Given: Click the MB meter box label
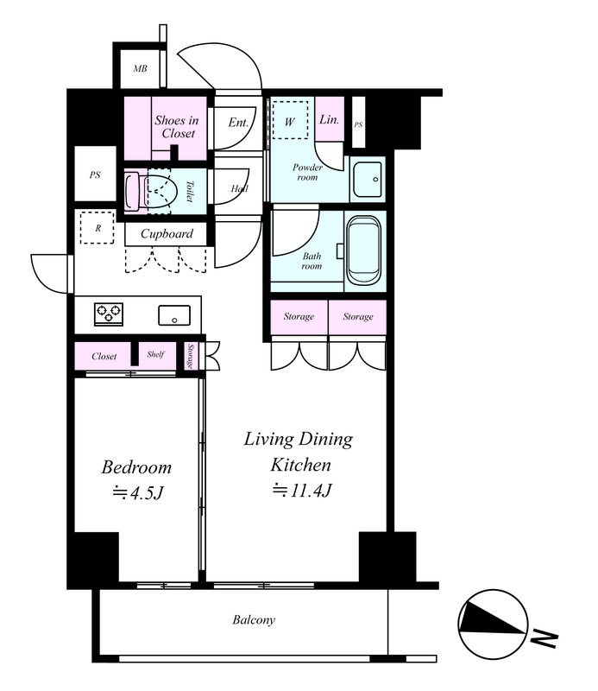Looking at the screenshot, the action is [140, 69].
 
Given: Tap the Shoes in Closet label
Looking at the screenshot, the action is [177, 127].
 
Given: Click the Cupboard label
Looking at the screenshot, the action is [167, 233].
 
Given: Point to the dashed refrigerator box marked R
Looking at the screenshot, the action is [97, 227].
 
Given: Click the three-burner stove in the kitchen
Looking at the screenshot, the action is [109, 314].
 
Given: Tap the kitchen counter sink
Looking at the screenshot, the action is [174, 315].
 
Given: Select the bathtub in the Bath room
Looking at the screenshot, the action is [364, 250].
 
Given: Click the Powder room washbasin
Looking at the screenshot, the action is [368, 180].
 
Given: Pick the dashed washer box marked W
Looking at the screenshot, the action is [290, 119].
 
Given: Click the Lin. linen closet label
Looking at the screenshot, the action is [329, 119].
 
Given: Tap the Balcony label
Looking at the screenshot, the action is [254, 620].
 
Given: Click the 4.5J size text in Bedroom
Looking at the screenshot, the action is [138, 492].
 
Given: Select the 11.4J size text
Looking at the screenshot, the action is [302, 490].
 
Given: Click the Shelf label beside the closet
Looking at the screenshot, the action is [156, 354].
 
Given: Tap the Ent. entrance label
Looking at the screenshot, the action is [238, 123].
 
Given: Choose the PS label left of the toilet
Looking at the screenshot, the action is [95, 175].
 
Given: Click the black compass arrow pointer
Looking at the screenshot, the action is [492, 618].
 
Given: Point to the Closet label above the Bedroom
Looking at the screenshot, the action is [104, 356].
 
